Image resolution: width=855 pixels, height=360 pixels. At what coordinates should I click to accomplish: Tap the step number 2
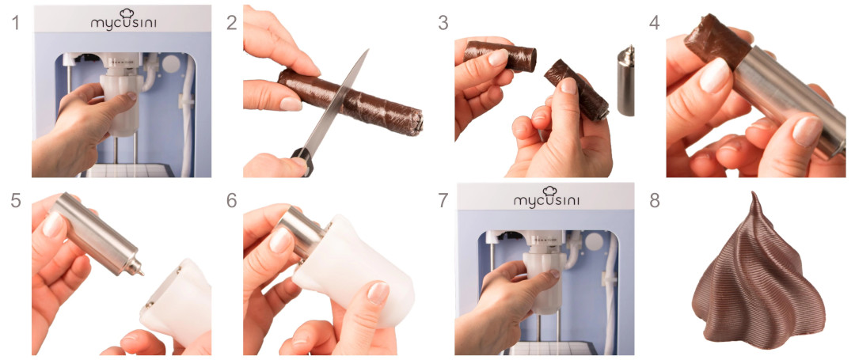click(232, 24)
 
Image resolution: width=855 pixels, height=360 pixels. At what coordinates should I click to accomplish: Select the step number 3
click(443, 24)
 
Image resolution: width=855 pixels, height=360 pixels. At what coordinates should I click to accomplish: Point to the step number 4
click(655, 24)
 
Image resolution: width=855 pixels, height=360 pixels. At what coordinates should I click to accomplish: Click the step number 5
click(16, 200)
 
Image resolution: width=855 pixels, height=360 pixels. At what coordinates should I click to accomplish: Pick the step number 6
click(232, 200)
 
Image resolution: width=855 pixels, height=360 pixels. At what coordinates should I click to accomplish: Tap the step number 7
click(443, 200)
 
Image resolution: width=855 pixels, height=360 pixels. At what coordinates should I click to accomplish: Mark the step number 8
click(655, 200)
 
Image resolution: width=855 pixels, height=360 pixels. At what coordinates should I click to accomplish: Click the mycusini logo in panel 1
click(122, 20)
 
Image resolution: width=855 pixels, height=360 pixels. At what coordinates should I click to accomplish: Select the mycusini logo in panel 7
click(546, 196)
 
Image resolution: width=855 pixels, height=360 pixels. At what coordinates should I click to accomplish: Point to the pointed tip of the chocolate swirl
click(754, 193)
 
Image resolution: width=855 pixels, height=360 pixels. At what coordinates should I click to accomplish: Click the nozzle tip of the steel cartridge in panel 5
click(141, 271)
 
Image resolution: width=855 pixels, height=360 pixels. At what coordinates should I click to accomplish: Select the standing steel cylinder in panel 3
click(626, 81)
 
